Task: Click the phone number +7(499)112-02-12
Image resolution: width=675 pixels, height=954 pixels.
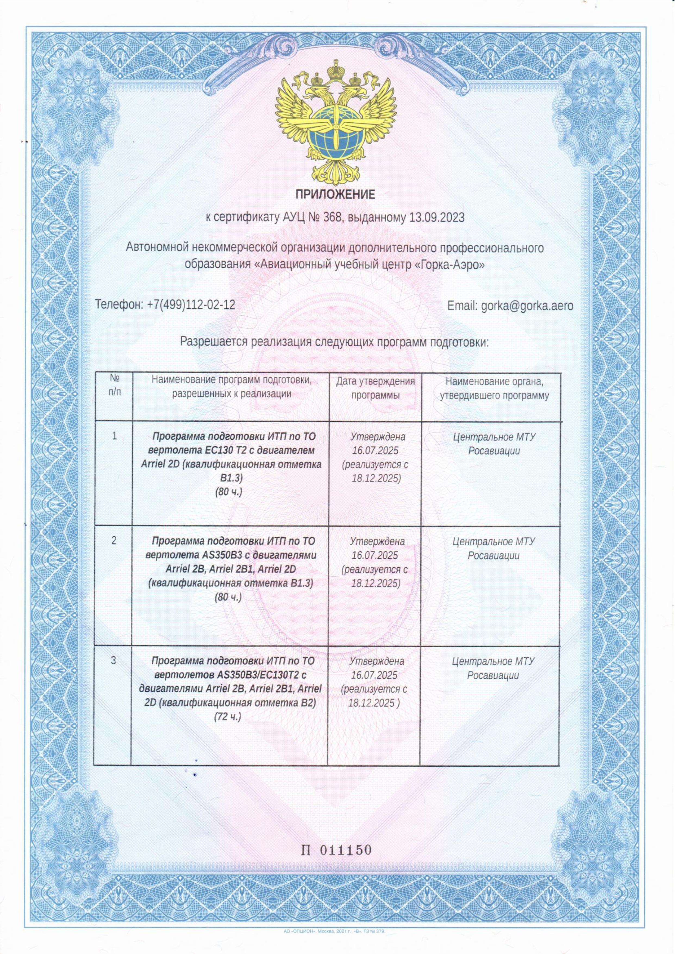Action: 191,305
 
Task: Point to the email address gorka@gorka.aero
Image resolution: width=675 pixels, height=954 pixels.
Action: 527,306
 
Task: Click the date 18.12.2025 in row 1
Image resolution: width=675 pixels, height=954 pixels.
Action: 376,478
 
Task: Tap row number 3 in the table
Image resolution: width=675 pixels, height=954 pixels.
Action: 114,660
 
